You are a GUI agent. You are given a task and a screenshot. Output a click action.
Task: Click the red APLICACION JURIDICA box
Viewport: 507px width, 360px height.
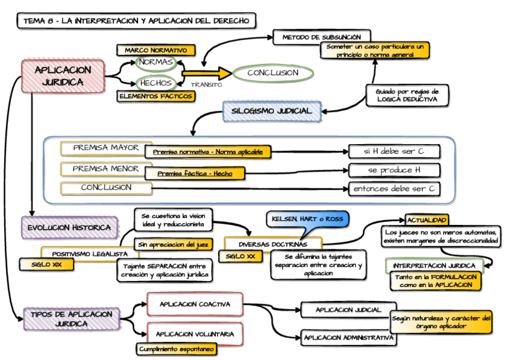[x=63, y=77]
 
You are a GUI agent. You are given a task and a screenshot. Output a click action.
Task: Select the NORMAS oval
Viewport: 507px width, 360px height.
[x=156, y=62]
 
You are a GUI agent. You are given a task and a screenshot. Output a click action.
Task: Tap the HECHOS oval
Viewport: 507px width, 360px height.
[x=156, y=83]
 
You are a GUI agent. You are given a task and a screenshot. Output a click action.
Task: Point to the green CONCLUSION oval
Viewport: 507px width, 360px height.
[x=273, y=73]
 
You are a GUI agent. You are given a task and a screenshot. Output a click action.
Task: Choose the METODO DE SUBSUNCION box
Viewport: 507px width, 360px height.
[x=322, y=37]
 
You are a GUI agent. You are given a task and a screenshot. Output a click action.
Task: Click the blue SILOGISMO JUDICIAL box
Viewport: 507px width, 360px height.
[x=272, y=111]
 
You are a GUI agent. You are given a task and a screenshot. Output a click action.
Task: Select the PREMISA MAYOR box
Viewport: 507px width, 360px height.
[x=106, y=148]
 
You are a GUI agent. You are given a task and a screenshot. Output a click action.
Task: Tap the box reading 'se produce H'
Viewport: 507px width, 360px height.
[x=394, y=170]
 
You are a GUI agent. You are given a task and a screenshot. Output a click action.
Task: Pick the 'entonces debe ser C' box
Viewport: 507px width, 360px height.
[x=394, y=189]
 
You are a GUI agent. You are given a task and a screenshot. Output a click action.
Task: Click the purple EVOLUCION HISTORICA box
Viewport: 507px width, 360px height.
[x=69, y=228]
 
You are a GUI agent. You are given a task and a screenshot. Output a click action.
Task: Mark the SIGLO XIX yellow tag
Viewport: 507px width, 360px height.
[x=47, y=264]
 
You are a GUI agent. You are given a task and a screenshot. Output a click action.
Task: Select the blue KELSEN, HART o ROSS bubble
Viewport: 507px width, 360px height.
[x=307, y=220]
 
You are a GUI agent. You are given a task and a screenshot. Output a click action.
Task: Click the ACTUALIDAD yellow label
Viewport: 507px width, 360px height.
[x=427, y=220]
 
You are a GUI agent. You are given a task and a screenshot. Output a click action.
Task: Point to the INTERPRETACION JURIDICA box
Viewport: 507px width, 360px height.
[x=434, y=266]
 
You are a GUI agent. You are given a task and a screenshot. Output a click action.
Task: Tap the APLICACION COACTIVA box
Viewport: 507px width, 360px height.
[x=195, y=304]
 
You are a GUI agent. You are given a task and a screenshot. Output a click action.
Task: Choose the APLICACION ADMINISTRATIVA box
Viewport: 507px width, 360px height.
[x=349, y=338]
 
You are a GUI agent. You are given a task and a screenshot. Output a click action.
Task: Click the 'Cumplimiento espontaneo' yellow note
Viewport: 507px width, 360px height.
[x=176, y=349]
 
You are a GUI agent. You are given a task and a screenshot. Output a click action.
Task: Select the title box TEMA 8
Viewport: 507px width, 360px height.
[x=136, y=21]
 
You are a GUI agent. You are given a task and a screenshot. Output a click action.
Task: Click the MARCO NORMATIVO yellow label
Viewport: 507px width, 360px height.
[x=156, y=50]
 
